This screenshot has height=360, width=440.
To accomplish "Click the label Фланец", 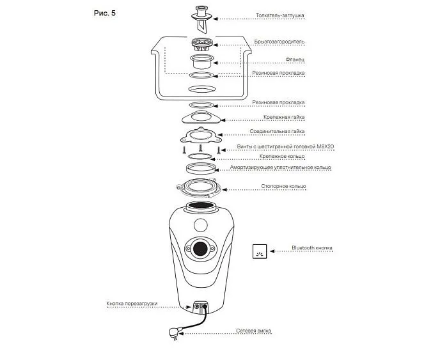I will pos(295,59).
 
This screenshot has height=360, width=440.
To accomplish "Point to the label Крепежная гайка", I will pos(284,118).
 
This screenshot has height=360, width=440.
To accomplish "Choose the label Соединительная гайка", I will pos(277,132).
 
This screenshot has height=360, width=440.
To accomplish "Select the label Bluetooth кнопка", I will pos(312,247).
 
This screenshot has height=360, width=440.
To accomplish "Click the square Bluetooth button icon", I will pos(259,251).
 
